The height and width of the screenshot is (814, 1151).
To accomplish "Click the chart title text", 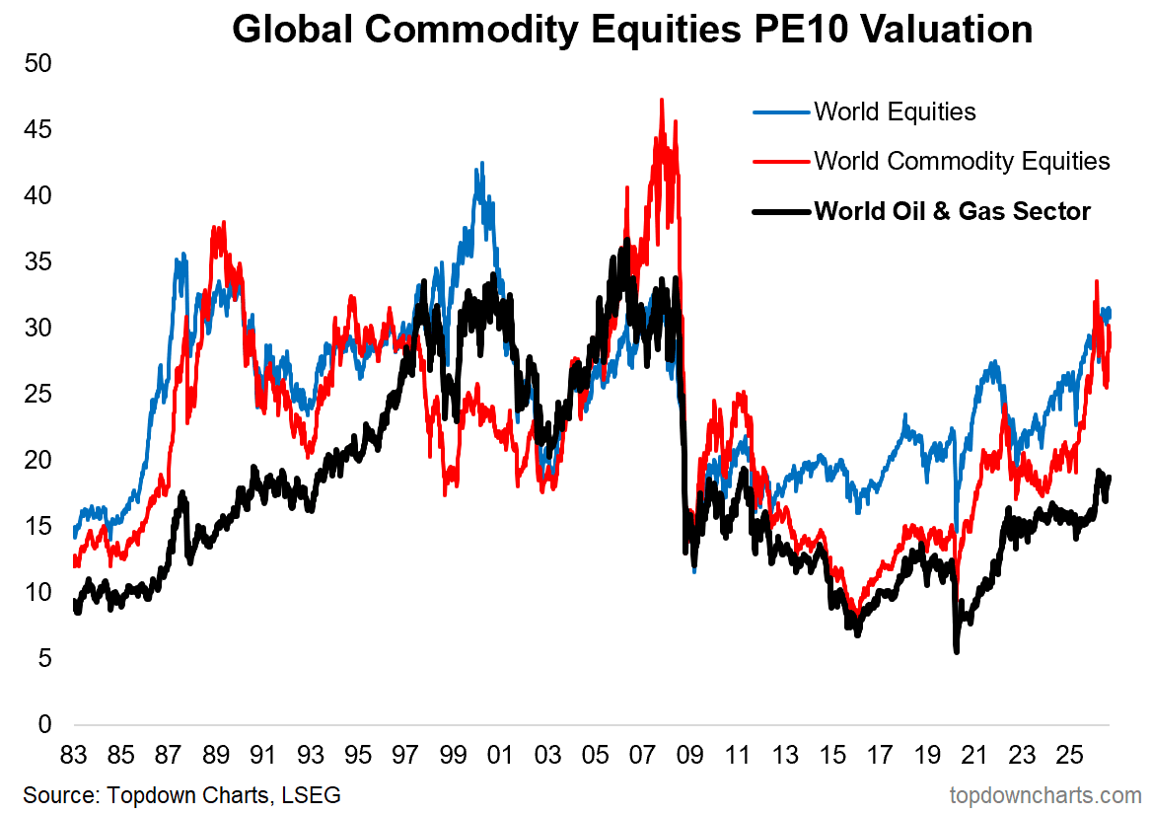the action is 632,30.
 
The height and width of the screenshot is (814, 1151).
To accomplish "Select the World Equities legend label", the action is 895,111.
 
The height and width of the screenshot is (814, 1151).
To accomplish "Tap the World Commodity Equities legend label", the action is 962,161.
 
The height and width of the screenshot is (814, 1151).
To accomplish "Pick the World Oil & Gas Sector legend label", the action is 952,211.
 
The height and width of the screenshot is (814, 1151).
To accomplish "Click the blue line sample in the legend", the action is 782,112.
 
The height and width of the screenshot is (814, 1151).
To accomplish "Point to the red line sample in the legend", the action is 782,162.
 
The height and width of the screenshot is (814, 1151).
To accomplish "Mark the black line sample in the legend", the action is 782,212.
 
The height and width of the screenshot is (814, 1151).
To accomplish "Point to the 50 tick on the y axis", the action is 38,63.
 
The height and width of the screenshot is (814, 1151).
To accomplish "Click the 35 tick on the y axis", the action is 38,261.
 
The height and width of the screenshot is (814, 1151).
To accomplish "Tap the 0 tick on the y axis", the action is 44,724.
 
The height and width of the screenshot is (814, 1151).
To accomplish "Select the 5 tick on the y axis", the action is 44,658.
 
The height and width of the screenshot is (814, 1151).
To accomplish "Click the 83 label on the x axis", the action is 73,755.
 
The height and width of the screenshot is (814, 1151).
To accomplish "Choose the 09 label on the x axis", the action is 690,755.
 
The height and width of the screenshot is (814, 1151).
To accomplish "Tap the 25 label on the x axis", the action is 1069,755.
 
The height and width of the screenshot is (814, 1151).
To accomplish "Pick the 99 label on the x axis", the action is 453,755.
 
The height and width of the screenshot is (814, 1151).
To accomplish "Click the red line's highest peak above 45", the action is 662,100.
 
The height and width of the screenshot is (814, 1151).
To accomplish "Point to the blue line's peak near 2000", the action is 482,164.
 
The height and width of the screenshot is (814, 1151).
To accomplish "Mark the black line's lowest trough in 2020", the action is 957,651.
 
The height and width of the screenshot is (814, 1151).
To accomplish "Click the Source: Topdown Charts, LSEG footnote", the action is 182,795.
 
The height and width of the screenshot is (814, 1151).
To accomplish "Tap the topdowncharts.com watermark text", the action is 1045,795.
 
